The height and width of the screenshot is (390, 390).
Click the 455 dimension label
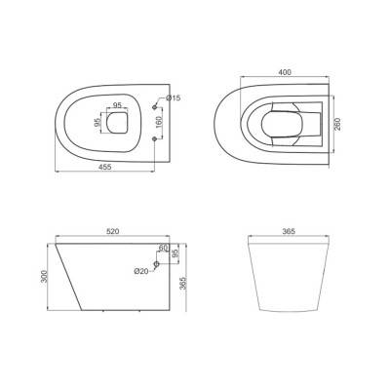[104, 167]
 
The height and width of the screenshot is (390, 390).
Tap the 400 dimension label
[285, 72]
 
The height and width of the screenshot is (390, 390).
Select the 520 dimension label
[113, 231]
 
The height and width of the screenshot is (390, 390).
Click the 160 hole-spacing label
[159, 122]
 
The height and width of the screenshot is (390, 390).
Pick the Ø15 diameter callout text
[174, 97]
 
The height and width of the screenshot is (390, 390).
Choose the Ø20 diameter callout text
[140, 270]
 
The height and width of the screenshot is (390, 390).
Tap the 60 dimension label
[163, 248]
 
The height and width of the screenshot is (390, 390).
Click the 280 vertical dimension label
[337, 124]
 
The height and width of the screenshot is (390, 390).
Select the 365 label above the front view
[289, 231]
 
